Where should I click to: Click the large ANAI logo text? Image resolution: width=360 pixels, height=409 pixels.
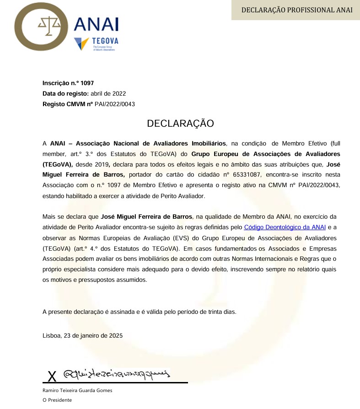click(96, 25)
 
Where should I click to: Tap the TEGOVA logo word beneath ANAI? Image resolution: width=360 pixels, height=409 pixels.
click(105, 41)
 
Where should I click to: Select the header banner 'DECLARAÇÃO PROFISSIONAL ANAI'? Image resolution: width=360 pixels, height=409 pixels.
click(297, 10)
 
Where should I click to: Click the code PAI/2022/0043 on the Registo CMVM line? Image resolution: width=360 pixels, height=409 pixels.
click(115, 104)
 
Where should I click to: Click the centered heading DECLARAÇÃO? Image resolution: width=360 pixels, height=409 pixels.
click(180, 124)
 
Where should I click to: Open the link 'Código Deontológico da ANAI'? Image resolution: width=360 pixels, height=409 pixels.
click(285, 227)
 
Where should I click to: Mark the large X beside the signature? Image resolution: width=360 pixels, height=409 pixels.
click(52, 377)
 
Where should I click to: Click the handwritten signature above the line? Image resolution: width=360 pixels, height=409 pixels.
click(117, 374)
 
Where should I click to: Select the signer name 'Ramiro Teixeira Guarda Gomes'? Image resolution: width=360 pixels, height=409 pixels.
click(77, 390)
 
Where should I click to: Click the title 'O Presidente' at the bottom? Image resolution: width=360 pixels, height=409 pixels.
click(57, 400)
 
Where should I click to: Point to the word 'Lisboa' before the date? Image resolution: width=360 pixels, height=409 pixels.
click(52, 335)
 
